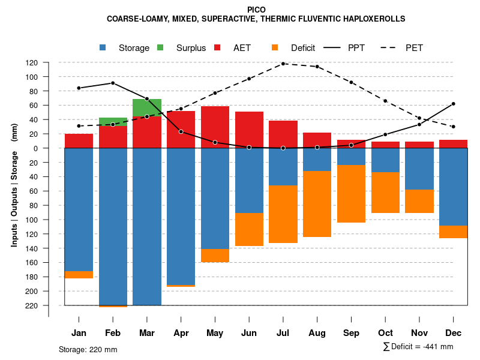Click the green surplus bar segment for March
pos(147,107)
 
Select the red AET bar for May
pos(215,127)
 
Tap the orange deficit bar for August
pos(317,204)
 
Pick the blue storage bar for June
pos(249,180)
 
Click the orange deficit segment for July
pos(283,214)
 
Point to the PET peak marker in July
pos(283,63)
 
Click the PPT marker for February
pos(113,83)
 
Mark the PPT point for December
pos(453,104)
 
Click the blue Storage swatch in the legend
pos(103,47)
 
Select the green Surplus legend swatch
pos(160,47)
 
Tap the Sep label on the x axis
pos(351,333)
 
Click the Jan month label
pos(79,333)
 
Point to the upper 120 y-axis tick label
pos(49,62)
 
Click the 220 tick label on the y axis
pos(49,305)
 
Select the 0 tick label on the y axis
pos(52,148)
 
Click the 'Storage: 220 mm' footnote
pos(88,349)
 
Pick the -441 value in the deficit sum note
pos(428,347)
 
